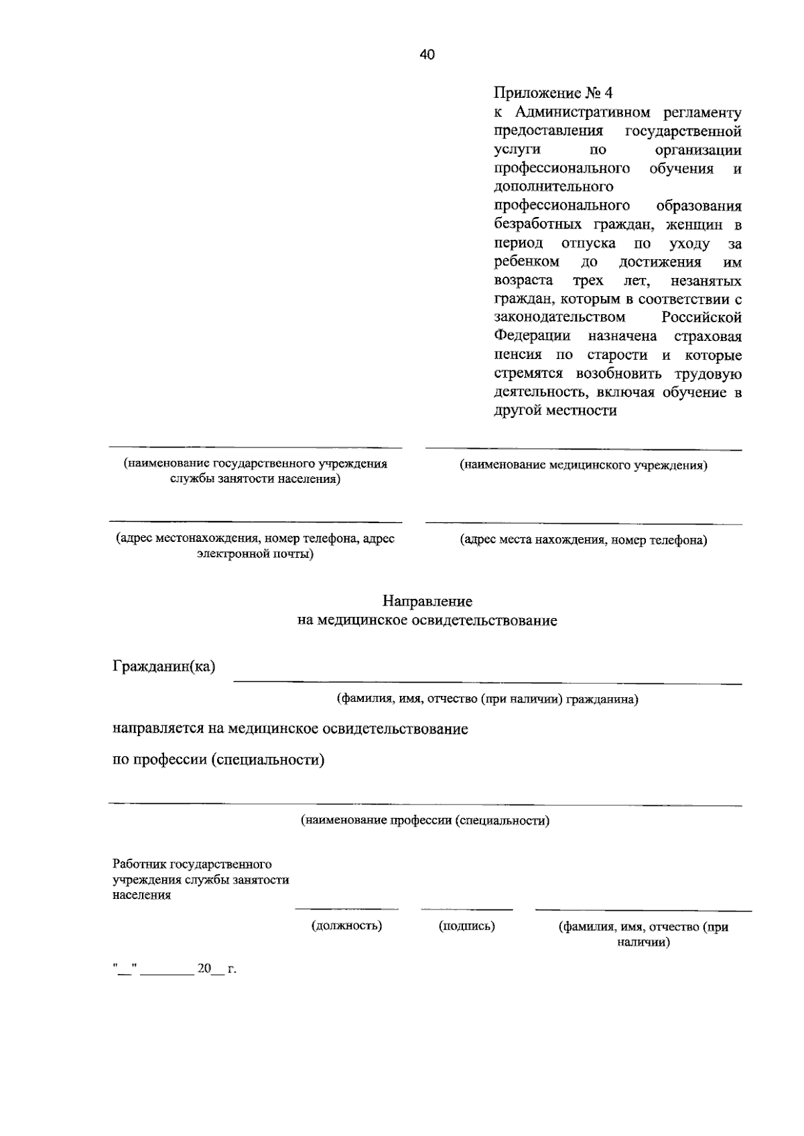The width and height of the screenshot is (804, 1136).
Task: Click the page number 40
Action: [427, 55]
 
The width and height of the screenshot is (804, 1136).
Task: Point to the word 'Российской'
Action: [701, 317]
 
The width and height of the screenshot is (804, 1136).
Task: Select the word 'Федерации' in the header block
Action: [533, 336]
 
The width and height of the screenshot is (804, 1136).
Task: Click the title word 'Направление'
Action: [427, 601]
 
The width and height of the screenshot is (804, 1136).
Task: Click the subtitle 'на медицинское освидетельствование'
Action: [427, 621]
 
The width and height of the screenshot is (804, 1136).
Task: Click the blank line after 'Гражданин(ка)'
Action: [487, 682]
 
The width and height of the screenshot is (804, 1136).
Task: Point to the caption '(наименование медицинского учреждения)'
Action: [583, 465]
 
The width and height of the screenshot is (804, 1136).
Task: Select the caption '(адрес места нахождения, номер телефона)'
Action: [583, 540]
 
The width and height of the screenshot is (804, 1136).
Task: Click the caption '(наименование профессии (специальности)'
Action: [425, 820]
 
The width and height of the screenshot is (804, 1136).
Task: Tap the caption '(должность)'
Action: [346, 926]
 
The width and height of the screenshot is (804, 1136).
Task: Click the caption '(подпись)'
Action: [466, 926]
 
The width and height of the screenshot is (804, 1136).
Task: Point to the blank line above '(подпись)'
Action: [466, 909]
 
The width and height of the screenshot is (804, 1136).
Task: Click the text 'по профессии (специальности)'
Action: [218, 760]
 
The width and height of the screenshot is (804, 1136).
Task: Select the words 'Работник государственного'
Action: [192, 865]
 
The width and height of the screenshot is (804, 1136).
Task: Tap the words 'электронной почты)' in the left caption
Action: [255, 554]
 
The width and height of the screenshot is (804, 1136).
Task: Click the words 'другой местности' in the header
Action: [555, 411]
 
